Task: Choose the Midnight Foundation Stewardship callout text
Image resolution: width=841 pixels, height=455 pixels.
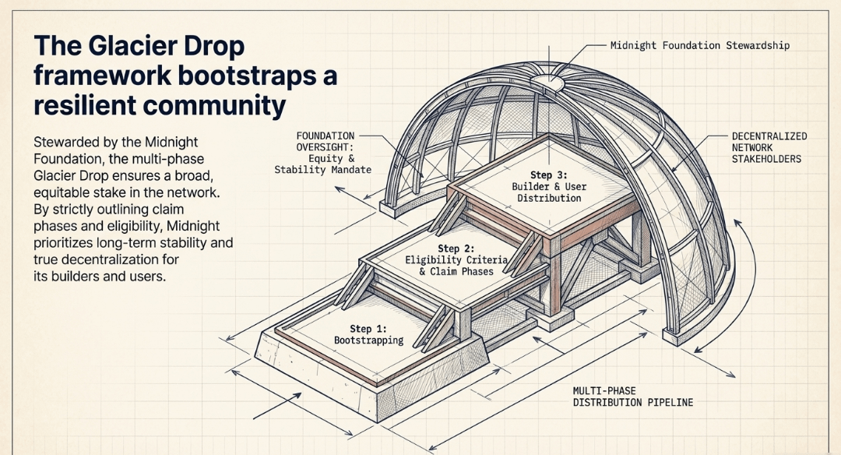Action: (x=699, y=45)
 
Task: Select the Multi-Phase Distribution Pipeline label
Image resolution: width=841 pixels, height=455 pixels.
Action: (x=632, y=396)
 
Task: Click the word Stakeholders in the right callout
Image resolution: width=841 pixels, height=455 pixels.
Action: (x=767, y=159)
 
